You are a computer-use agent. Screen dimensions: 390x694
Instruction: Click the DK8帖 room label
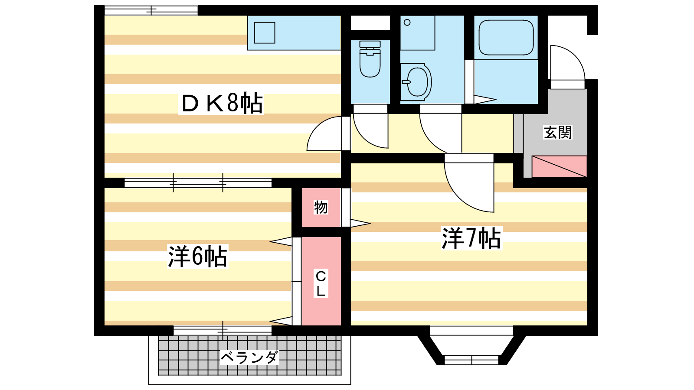[222, 103]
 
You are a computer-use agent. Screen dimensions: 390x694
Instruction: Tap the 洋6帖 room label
[197, 256]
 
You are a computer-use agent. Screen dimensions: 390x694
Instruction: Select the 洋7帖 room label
[471, 238]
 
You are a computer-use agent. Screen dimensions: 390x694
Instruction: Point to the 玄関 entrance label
[558, 132]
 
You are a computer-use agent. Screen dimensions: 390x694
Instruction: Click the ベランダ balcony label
[249, 357]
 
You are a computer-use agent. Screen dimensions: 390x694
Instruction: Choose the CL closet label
[321, 283]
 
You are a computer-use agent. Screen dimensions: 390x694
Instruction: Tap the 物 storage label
[321, 207]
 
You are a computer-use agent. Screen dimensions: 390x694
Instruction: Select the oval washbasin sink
[417, 81]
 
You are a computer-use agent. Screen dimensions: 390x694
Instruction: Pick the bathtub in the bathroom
[506, 38]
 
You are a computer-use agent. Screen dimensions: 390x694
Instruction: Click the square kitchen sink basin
[265, 32]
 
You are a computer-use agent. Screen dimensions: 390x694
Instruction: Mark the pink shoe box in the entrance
[559, 166]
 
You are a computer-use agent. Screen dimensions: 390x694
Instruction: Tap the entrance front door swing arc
[566, 63]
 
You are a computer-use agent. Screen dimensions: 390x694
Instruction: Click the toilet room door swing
[369, 128]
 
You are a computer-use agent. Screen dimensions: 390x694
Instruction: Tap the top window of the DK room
[151, 10]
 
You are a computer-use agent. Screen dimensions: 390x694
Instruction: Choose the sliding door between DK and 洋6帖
[198, 183]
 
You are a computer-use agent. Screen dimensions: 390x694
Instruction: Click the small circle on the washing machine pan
[407, 23]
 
